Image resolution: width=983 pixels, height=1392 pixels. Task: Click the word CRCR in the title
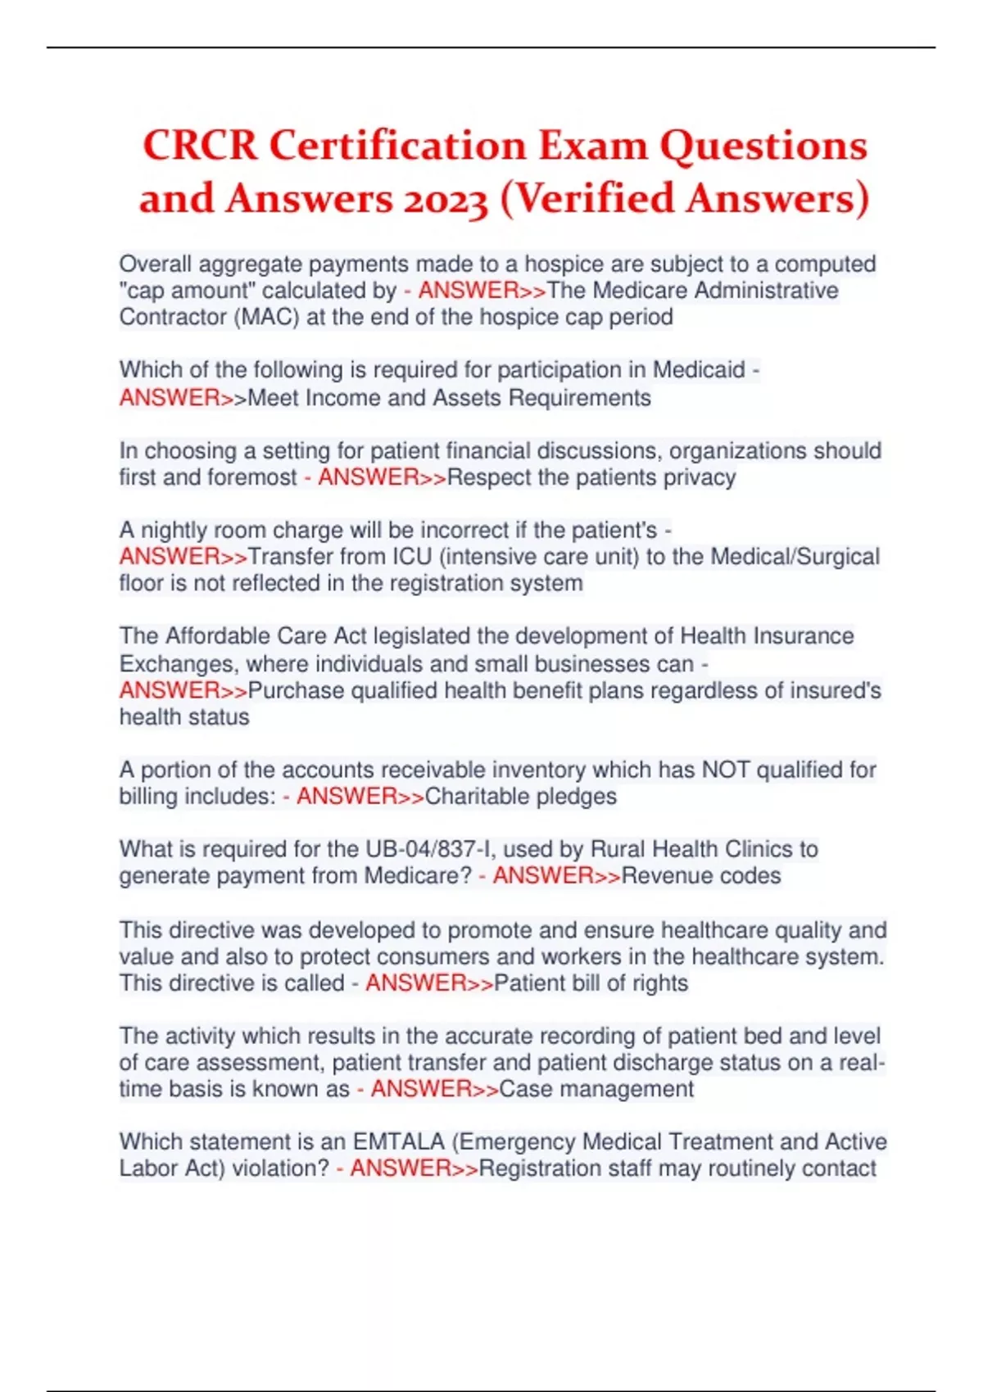(200, 147)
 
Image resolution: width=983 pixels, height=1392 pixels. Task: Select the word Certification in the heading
(397, 147)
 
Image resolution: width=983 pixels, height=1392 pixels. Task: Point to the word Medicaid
(699, 370)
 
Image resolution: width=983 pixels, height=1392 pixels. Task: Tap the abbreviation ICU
(411, 557)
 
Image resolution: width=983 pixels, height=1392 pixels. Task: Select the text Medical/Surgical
(795, 557)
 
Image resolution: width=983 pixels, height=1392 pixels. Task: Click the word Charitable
(477, 796)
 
